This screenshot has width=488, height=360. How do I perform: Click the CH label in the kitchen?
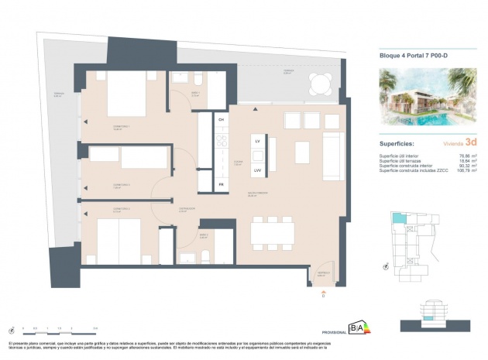click(x=221, y=120)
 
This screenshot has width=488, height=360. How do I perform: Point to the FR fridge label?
click(x=221, y=184)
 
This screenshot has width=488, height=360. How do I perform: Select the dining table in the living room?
click(x=272, y=232)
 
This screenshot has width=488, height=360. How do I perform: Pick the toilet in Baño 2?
click(x=187, y=258)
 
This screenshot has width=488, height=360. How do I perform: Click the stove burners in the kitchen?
click(x=221, y=142)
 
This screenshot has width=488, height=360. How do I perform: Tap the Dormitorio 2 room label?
click(x=101, y=186)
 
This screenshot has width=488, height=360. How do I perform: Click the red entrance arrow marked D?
click(x=322, y=290)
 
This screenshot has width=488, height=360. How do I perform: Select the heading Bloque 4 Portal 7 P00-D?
click(x=414, y=55)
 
